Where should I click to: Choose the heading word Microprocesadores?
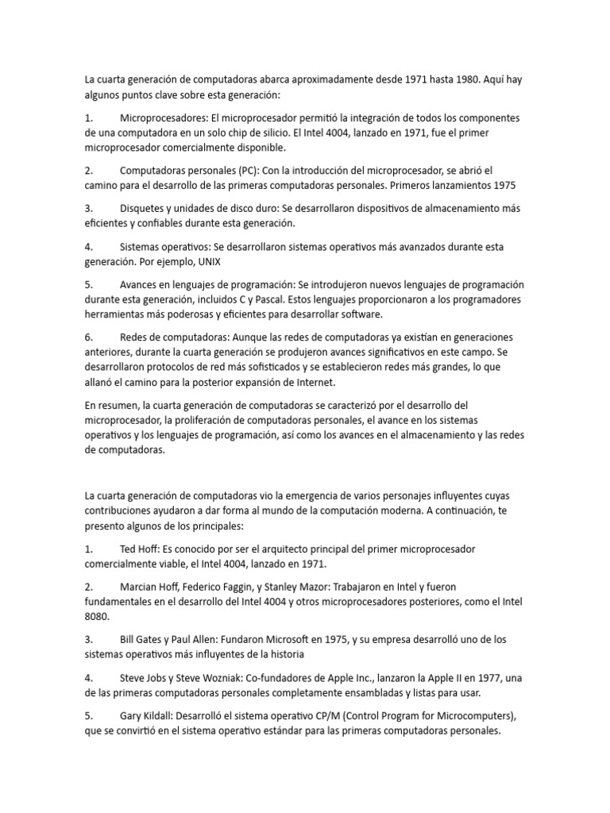164,118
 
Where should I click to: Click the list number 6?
88,337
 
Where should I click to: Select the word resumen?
119,405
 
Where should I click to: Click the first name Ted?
129,549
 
